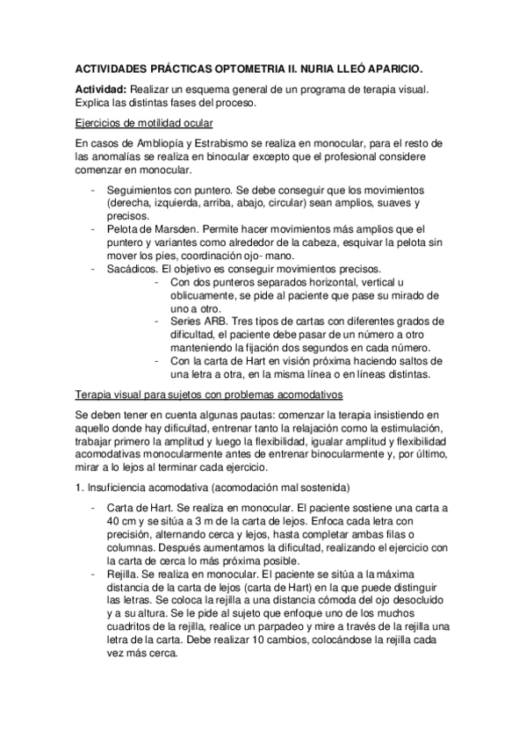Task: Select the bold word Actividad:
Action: pos(101,90)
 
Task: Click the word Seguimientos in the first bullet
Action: pos(141,190)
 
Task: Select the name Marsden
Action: pos(164,228)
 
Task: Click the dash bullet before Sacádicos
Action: pos(93,267)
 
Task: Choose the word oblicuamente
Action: pos(204,297)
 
